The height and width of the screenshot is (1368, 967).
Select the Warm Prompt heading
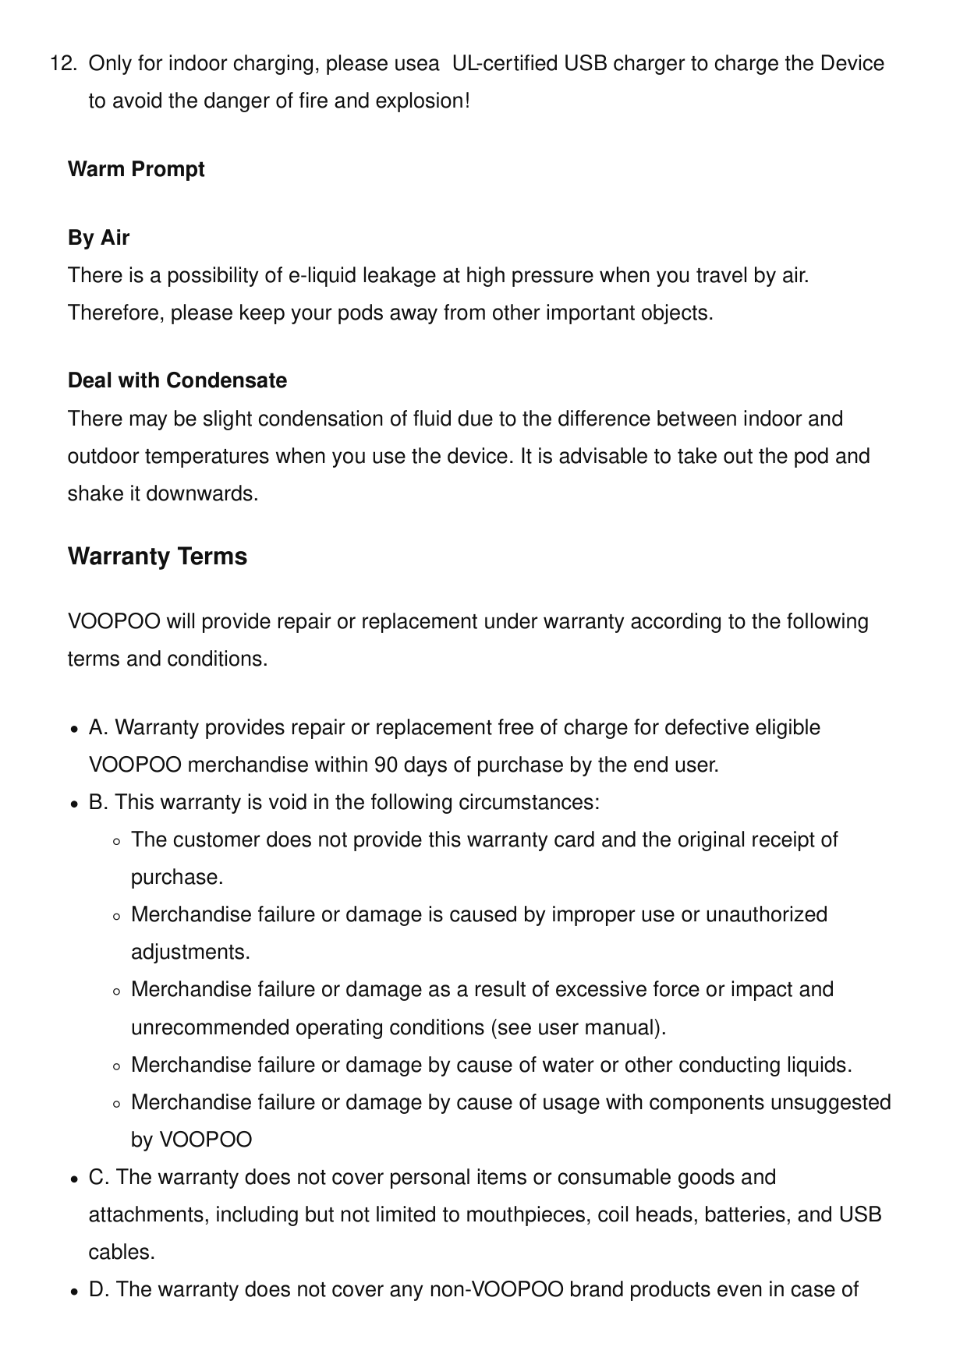point(136,170)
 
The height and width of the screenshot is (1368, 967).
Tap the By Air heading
point(98,238)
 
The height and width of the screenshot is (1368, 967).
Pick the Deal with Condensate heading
point(177,381)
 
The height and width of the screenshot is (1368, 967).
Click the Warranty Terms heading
point(158,557)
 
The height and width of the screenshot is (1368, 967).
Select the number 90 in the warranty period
point(386,765)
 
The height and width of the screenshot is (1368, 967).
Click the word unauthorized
point(767,915)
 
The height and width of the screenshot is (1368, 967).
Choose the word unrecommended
point(210,1028)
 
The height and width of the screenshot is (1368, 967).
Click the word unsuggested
point(831,1103)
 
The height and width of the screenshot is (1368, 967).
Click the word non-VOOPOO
point(497,1290)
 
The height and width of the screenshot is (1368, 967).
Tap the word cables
point(122,1253)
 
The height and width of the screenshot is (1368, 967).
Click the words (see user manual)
point(578,1028)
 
